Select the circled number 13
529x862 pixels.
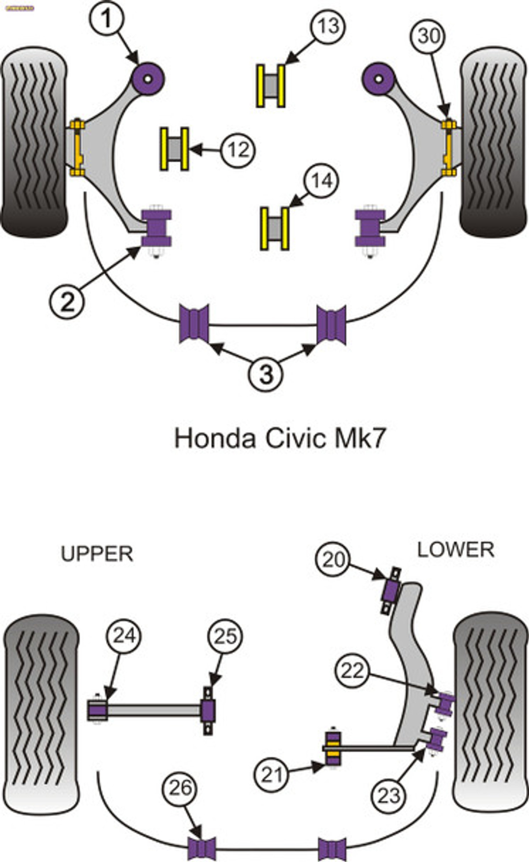(328, 26)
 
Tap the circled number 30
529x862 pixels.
(428, 36)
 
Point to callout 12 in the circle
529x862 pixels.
(238, 150)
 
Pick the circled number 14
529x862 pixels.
(321, 181)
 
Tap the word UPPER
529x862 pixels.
(97, 554)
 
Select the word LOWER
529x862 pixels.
(456, 550)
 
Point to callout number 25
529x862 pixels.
(225, 636)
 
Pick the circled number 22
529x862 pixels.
(353, 671)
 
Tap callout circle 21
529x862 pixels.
(271, 774)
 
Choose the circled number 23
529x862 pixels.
(388, 795)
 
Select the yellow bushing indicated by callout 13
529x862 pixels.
(271, 86)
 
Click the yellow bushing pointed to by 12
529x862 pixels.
(174, 149)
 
